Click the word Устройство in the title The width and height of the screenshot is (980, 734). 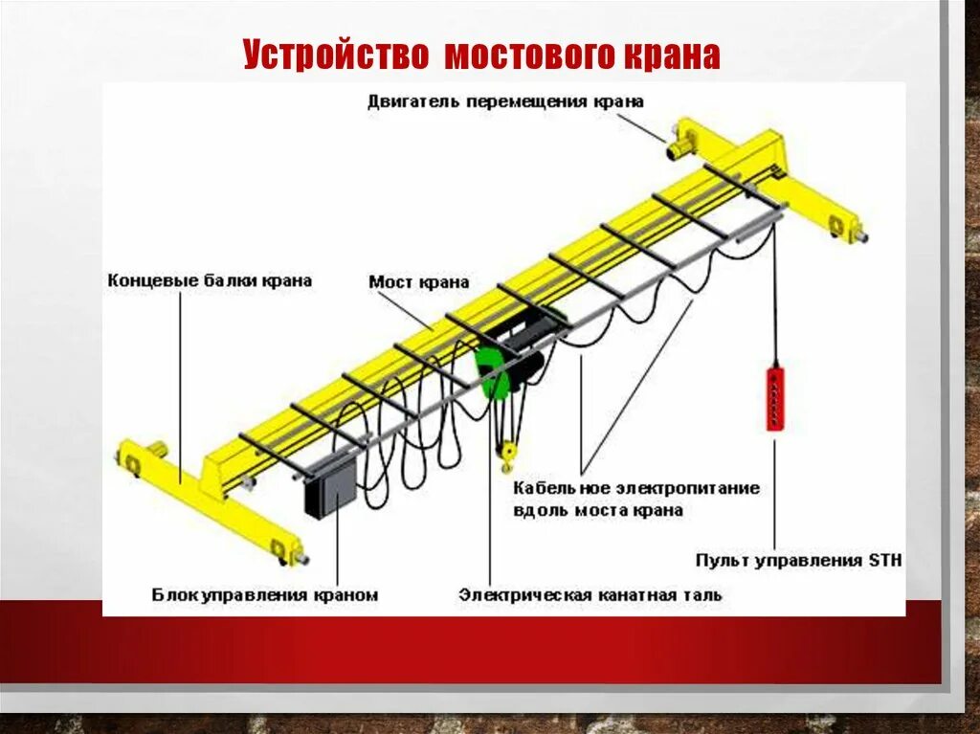click(335, 54)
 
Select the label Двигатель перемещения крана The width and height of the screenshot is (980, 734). click(505, 101)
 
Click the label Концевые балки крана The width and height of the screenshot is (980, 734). click(210, 280)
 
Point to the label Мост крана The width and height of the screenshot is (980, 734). click(419, 282)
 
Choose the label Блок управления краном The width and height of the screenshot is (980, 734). click(265, 595)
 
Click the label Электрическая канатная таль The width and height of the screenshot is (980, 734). click(590, 595)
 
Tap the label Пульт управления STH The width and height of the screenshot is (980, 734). click(798, 560)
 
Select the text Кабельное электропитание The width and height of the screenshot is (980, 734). click(636, 488)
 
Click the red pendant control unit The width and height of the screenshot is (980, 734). click(774, 396)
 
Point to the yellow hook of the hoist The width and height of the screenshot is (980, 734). click(507, 450)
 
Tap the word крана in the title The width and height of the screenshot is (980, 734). click(673, 54)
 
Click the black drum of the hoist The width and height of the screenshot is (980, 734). click(529, 369)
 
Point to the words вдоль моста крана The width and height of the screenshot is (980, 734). click(598, 510)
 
